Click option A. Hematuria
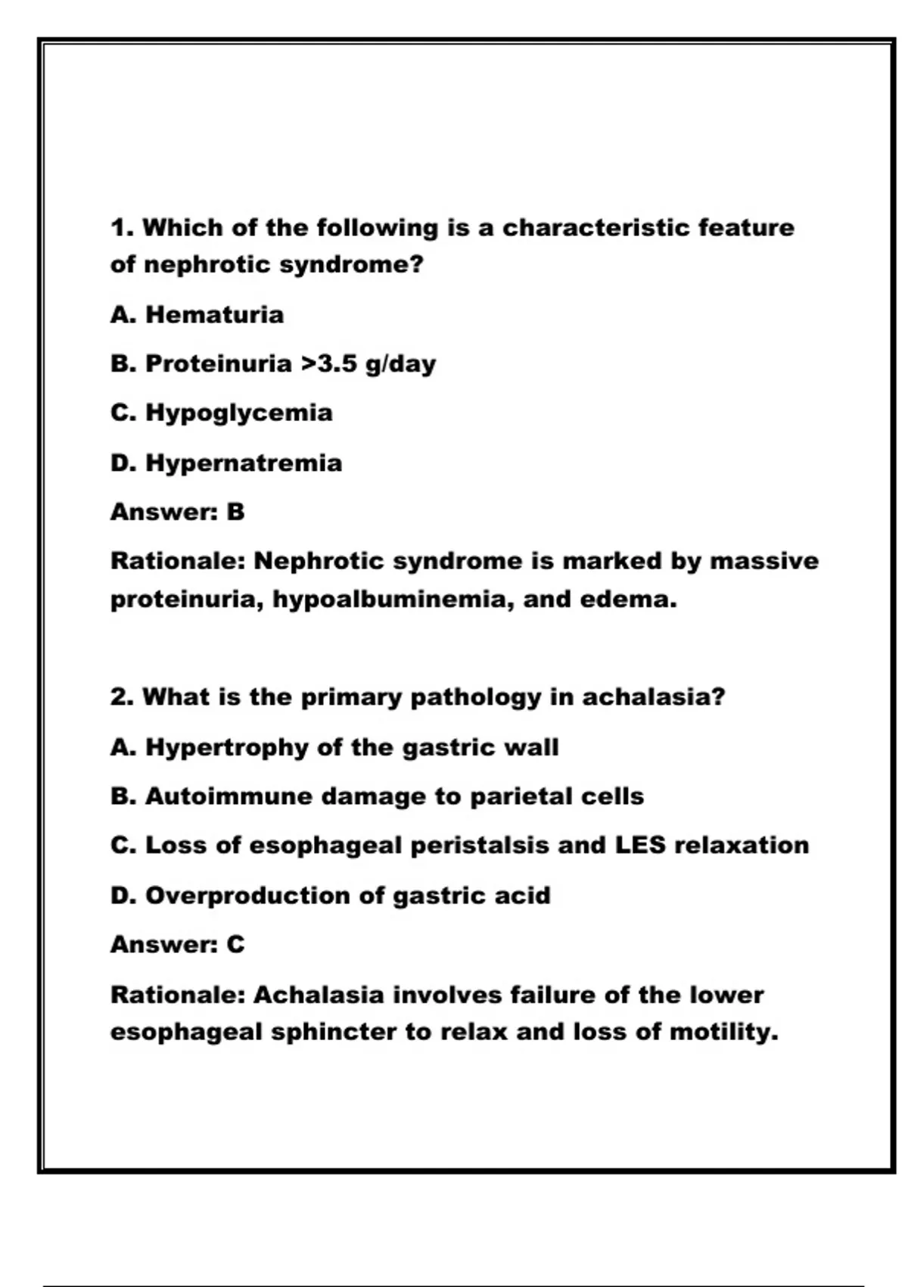pyautogui.click(x=197, y=314)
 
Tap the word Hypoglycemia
pyautogui.click(x=238, y=413)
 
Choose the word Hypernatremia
pyautogui.click(x=243, y=463)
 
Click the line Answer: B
pyautogui.click(x=178, y=512)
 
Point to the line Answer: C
pyautogui.click(x=178, y=944)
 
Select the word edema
pyautogui.click(x=627, y=600)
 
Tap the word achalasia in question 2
pyautogui.click(x=652, y=696)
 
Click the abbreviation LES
pyautogui.click(x=639, y=845)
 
